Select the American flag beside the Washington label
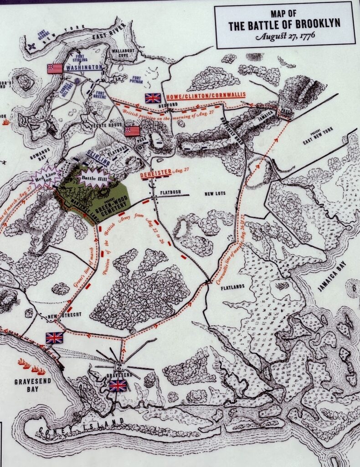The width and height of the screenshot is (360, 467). pos(55,68)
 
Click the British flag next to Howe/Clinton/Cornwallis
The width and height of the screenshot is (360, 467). pos(153,98)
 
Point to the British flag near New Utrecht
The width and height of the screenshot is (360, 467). pos(54,337)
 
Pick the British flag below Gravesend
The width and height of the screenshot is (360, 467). pos(118,386)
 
